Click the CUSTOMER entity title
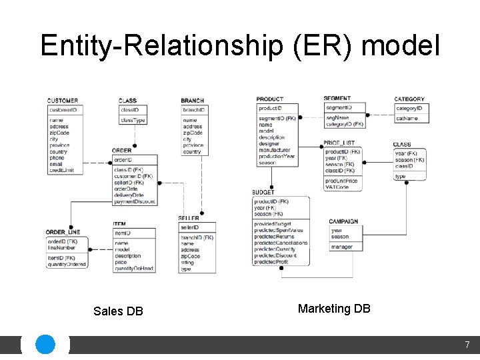click(x=63, y=101)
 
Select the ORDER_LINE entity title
click(x=63, y=233)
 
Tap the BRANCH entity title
click(x=192, y=101)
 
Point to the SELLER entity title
click(x=188, y=219)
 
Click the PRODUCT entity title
click(x=269, y=99)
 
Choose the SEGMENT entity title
click(x=337, y=99)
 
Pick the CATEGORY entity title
click(x=409, y=99)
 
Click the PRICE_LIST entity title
click(x=339, y=143)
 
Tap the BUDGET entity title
click(x=263, y=193)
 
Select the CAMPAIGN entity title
click(x=343, y=221)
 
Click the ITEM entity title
click(x=119, y=224)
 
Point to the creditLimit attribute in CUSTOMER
click(x=61, y=171)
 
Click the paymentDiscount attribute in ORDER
click(x=135, y=201)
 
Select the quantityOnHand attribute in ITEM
click(x=134, y=269)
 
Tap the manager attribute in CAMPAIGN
click(x=341, y=247)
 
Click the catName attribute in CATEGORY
click(x=407, y=118)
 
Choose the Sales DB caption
click(x=118, y=311)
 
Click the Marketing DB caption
click(x=334, y=309)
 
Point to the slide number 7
click(x=467, y=345)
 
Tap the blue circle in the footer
click(x=45, y=345)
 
